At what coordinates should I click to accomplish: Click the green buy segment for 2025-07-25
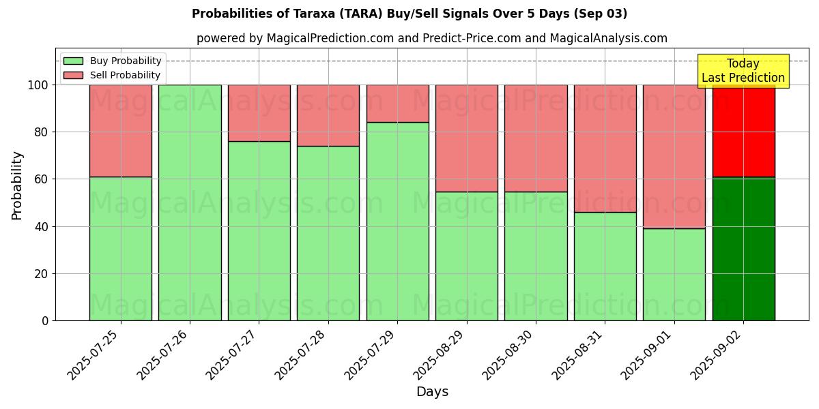click(121, 249)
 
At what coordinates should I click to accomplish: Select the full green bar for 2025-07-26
click(190, 202)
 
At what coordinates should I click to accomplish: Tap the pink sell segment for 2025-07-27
click(259, 113)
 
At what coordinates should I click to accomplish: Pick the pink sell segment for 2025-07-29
click(397, 104)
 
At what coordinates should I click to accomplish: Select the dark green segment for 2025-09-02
click(743, 249)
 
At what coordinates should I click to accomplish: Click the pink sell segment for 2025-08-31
click(605, 149)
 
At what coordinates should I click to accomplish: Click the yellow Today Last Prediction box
click(743, 71)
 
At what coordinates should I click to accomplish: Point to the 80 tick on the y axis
click(43, 132)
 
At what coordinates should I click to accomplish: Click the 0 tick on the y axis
click(46, 320)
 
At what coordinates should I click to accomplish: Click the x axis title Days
click(432, 392)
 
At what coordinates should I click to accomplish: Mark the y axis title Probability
click(17, 185)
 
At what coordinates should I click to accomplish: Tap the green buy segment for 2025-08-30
click(536, 256)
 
